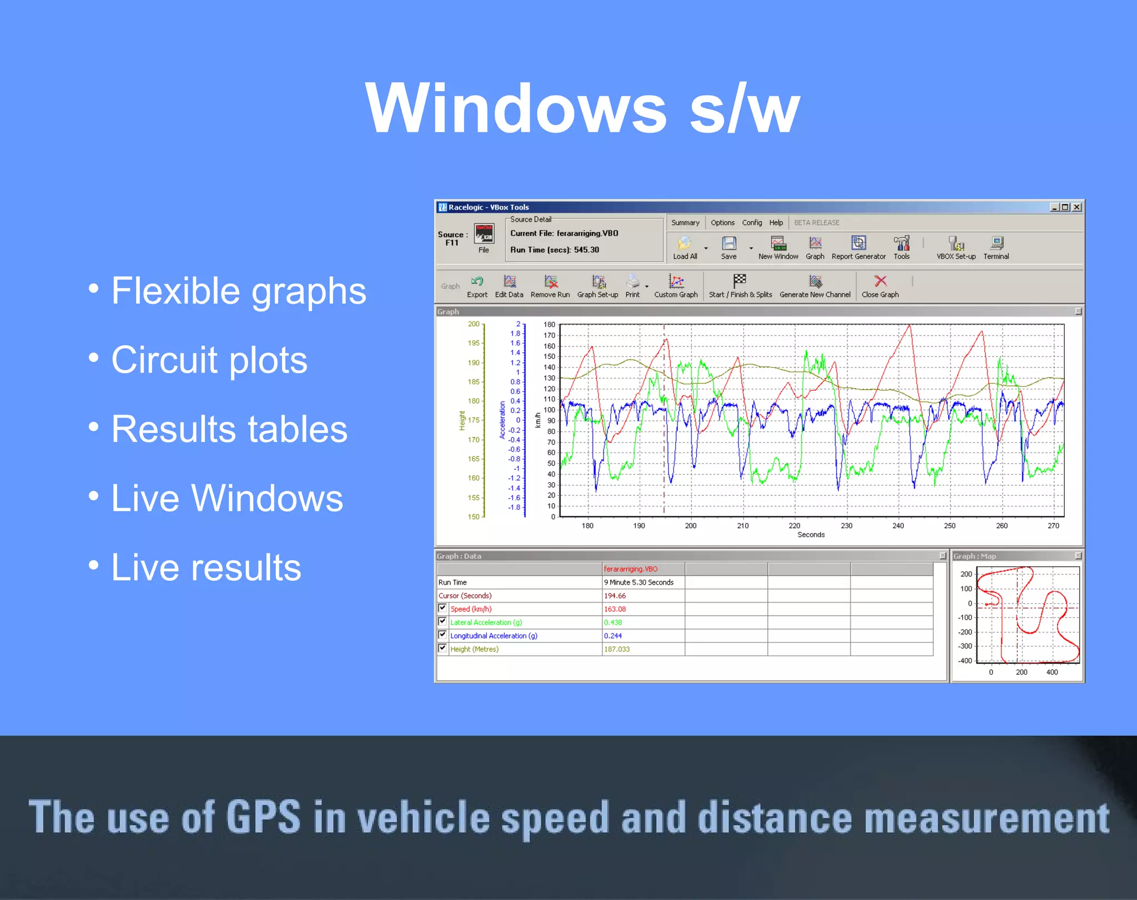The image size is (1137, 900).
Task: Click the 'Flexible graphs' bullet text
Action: click(239, 290)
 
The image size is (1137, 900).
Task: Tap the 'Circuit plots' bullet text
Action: click(209, 360)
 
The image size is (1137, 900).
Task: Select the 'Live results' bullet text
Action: click(206, 567)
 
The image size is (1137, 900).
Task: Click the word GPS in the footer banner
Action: click(263, 817)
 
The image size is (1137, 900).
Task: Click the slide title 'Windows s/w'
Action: click(582, 108)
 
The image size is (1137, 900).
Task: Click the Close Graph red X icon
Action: click(880, 281)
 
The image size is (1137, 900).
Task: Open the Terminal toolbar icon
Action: click(996, 243)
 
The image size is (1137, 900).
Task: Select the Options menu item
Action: click(722, 223)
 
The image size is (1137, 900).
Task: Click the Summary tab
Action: click(685, 223)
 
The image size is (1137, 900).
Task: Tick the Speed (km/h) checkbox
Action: click(442, 608)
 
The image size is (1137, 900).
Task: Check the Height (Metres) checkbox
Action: click(442, 648)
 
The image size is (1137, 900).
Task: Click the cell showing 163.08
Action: click(615, 609)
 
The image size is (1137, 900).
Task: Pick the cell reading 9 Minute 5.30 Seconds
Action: click(638, 582)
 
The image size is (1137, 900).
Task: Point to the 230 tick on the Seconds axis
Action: click(846, 526)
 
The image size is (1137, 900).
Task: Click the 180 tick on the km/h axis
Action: click(549, 325)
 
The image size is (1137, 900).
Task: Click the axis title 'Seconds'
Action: click(811, 535)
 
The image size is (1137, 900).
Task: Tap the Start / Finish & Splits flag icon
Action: click(739, 281)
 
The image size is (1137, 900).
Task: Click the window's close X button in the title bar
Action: click(1076, 207)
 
